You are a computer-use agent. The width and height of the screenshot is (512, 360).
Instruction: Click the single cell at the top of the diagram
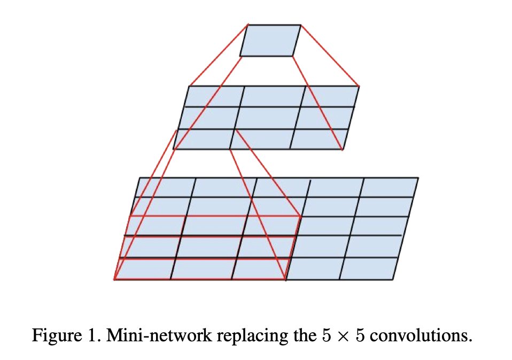coord(270,40)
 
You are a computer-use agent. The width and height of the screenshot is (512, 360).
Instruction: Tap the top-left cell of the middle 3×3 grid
coord(215,97)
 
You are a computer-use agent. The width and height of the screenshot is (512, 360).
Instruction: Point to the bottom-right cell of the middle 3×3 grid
coord(317,139)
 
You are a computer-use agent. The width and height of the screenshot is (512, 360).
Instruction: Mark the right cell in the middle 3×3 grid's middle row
coord(324,118)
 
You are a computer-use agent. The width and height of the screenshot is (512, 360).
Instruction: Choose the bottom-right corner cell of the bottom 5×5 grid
coord(368,269)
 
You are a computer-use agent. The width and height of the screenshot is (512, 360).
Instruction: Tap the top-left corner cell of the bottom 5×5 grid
coord(165,187)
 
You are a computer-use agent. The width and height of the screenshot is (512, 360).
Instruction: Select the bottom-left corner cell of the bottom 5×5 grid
coord(144,269)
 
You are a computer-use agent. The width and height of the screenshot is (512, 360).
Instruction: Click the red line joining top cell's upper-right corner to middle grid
coord(330,55)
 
